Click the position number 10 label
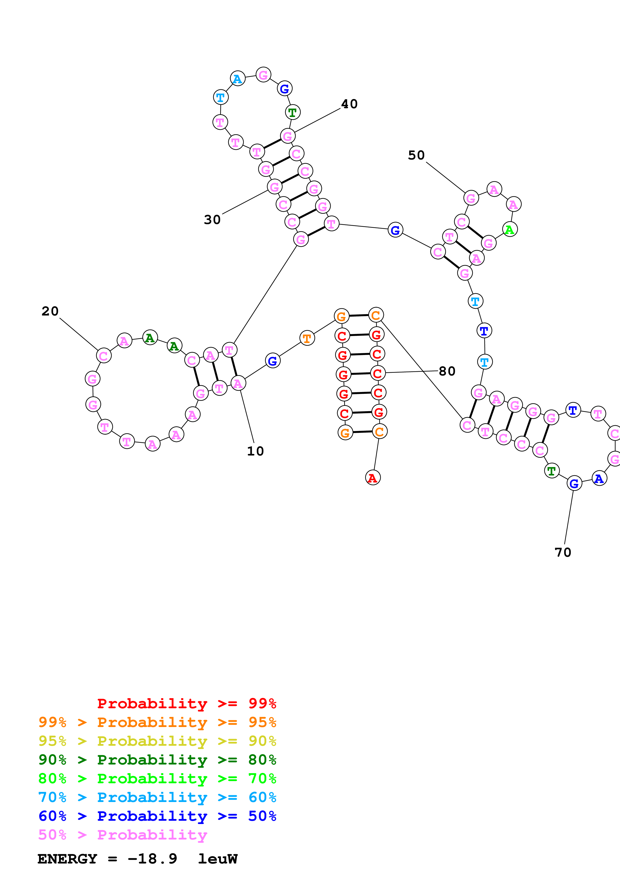pyautogui.click(x=255, y=451)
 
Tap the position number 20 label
pyautogui.click(x=50, y=311)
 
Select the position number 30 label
pyautogui.click(x=212, y=220)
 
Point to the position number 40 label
pyautogui.click(x=349, y=104)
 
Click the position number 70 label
pyautogui.click(x=563, y=552)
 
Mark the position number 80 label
pyautogui.click(x=447, y=371)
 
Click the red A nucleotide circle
pyautogui.click(x=372, y=478)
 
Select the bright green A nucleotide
pyautogui.click(x=510, y=229)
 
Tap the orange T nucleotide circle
pyautogui.click(x=307, y=338)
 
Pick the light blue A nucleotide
pyautogui.click(x=237, y=79)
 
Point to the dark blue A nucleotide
pyautogui.click(x=599, y=478)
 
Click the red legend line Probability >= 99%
pyautogui.click(x=187, y=703)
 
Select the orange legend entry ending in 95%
pyautogui.click(x=157, y=722)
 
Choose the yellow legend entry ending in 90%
pyautogui.click(x=157, y=741)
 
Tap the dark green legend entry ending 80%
pyautogui.click(x=157, y=760)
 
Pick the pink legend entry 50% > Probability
pyautogui.click(x=123, y=835)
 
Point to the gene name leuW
pyautogui.click(x=218, y=859)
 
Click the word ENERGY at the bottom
pyautogui.click(x=67, y=859)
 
